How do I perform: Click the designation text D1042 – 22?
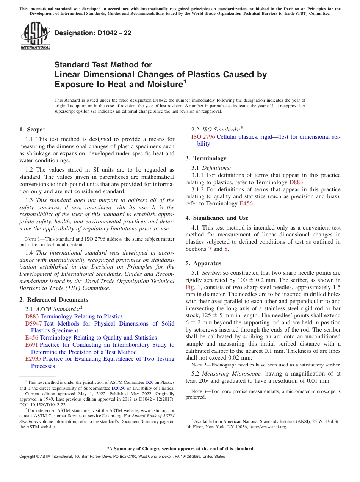93,33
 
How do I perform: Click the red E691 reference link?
32,345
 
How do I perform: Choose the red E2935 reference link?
33,359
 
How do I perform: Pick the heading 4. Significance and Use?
217,218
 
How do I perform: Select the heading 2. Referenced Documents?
53,300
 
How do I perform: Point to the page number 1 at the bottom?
180,466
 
